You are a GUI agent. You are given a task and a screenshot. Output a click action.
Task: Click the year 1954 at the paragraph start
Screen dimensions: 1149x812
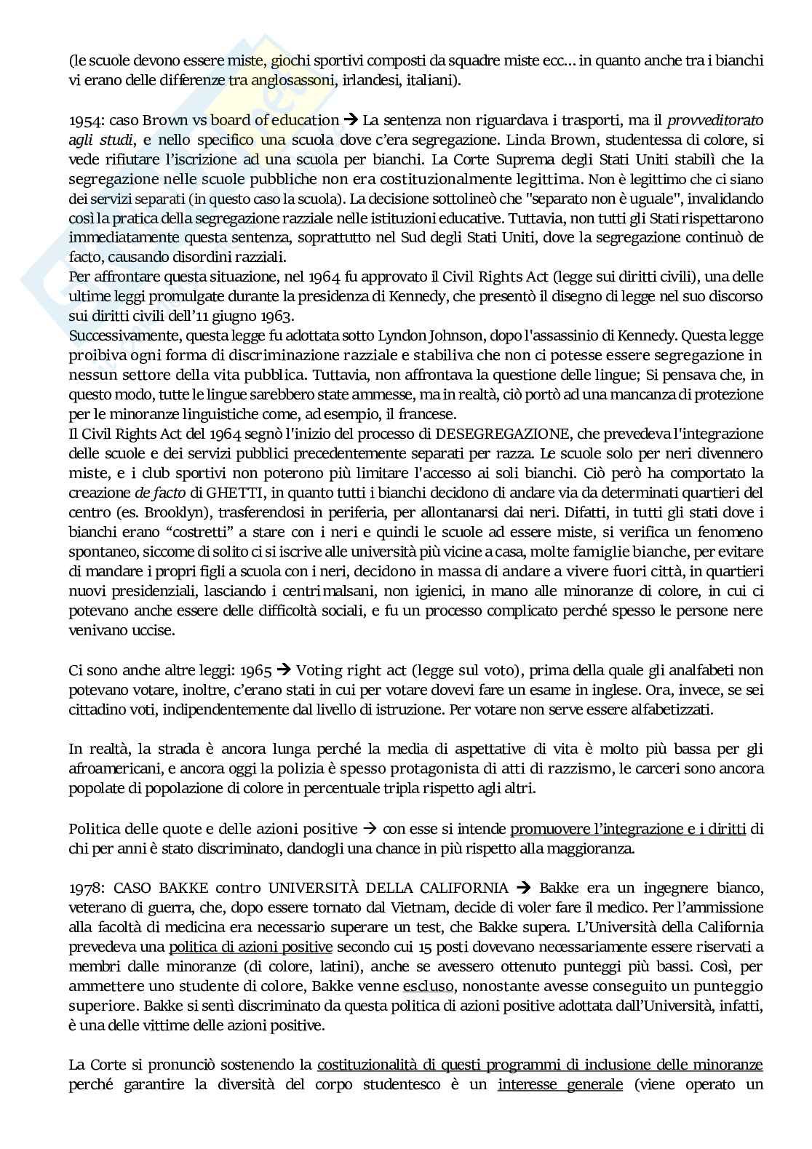(84, 120)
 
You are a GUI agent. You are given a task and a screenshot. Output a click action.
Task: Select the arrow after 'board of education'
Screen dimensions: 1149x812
(351, 120)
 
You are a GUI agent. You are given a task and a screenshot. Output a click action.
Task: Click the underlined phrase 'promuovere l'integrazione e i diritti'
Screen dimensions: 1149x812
(628, 829)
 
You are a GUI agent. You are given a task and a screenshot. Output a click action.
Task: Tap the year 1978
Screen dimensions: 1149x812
(84, 888)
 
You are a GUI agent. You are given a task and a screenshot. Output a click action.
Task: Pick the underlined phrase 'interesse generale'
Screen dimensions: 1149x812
(560, 1085)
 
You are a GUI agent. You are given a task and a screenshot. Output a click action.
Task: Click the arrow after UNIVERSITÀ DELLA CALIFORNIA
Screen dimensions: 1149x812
(522, 888)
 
